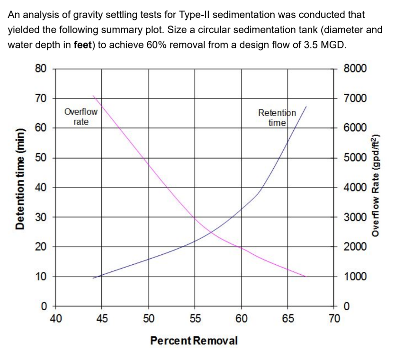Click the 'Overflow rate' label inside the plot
coord(81,117)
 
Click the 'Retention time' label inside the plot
coord(277,117)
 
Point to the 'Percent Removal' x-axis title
coord(194,341)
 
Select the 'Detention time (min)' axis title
coord(20,186)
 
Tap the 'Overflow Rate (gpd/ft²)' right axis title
coord(376,186)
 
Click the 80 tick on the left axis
coord(41,68)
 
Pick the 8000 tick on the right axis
coord(355,68)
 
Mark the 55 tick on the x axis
coord(195,318)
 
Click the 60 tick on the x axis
coord(241,318)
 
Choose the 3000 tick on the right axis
coord(355,217)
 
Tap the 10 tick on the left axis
coord(41,277)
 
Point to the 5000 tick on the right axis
coord(355,158)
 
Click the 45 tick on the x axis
coord(102,318)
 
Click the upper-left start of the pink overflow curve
coord(94,96)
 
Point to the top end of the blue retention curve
coord(306,107)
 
